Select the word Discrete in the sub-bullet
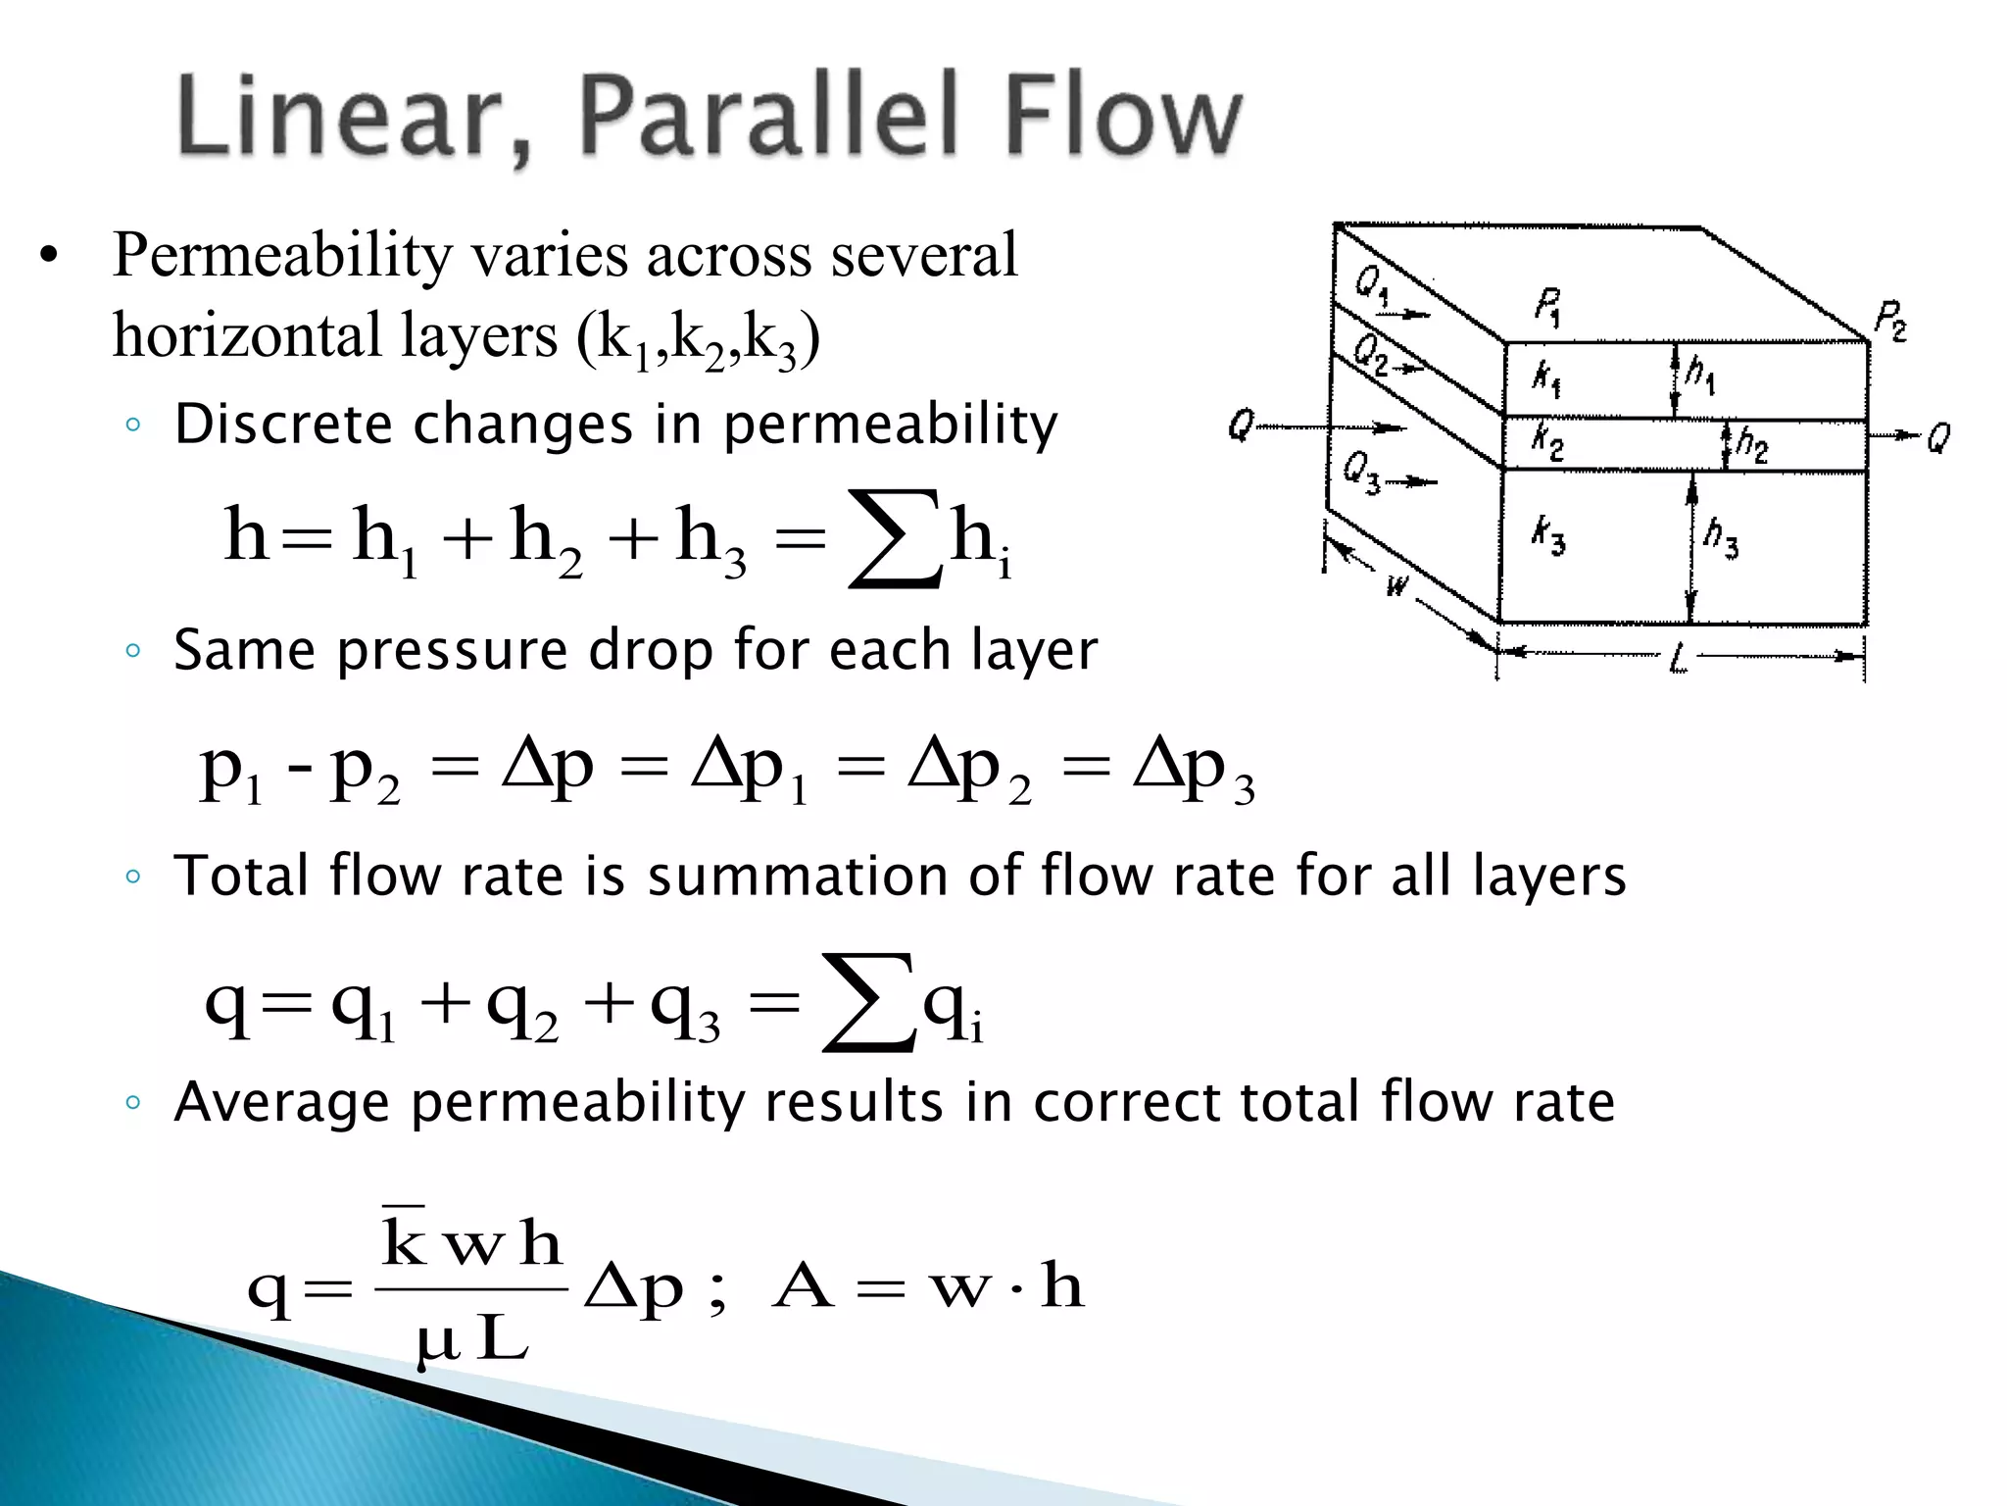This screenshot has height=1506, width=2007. [284, 425]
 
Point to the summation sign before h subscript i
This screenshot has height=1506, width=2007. [893, 539]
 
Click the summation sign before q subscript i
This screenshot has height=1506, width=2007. [868, 1004]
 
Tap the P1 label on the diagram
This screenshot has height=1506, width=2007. [1547, 306]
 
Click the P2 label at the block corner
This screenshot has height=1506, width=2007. [1890, 321]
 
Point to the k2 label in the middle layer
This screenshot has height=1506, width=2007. [1547, 440]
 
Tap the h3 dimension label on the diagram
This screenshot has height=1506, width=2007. [1721, 536]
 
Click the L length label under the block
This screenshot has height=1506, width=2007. [1679, 660]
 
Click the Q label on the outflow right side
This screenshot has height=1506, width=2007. [1938, 437]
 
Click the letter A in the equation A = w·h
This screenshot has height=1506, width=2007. [803, 1286]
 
